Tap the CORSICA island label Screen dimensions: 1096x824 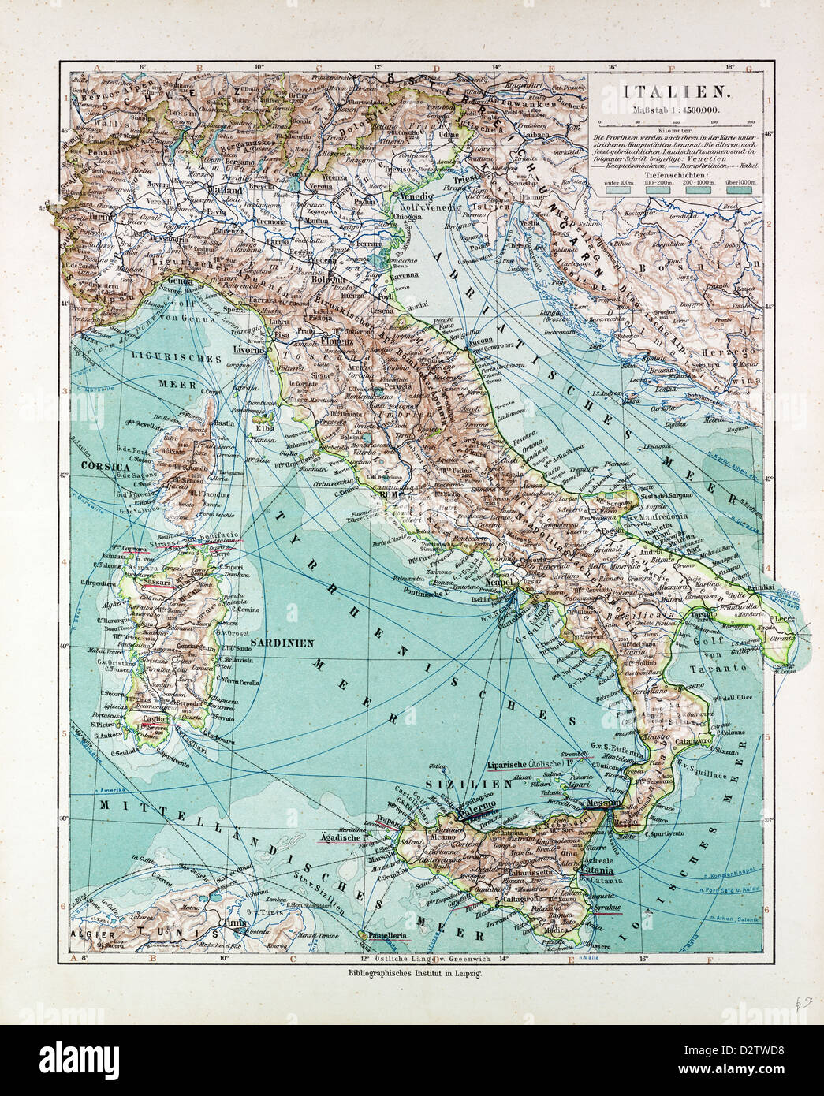point(104,467)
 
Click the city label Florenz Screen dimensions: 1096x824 point(337,343)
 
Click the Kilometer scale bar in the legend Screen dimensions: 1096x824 point(675,122)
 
